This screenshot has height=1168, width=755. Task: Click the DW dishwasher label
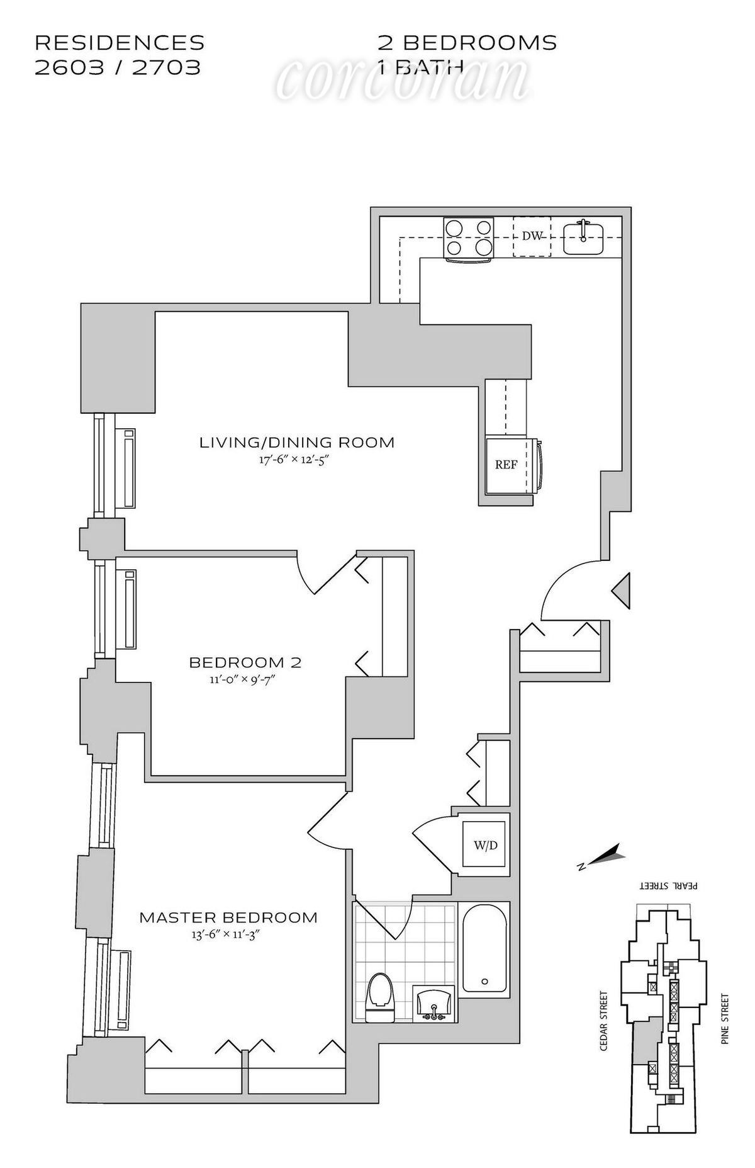pos(532,236)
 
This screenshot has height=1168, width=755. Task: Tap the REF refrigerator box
pos(506,465)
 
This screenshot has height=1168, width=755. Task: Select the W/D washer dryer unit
pos(484,845)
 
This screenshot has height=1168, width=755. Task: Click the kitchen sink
pos(583,237)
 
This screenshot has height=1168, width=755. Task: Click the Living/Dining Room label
pos(297,442)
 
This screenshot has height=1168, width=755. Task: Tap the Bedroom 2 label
pos(245,662)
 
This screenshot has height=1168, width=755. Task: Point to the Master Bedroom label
pos(228,917)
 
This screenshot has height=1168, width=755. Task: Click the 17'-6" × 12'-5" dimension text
pos(295,460)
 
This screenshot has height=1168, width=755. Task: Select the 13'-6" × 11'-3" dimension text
pos(226,934)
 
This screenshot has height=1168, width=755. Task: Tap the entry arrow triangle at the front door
pos(621,591)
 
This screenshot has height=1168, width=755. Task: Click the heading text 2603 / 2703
pos(118,67)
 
